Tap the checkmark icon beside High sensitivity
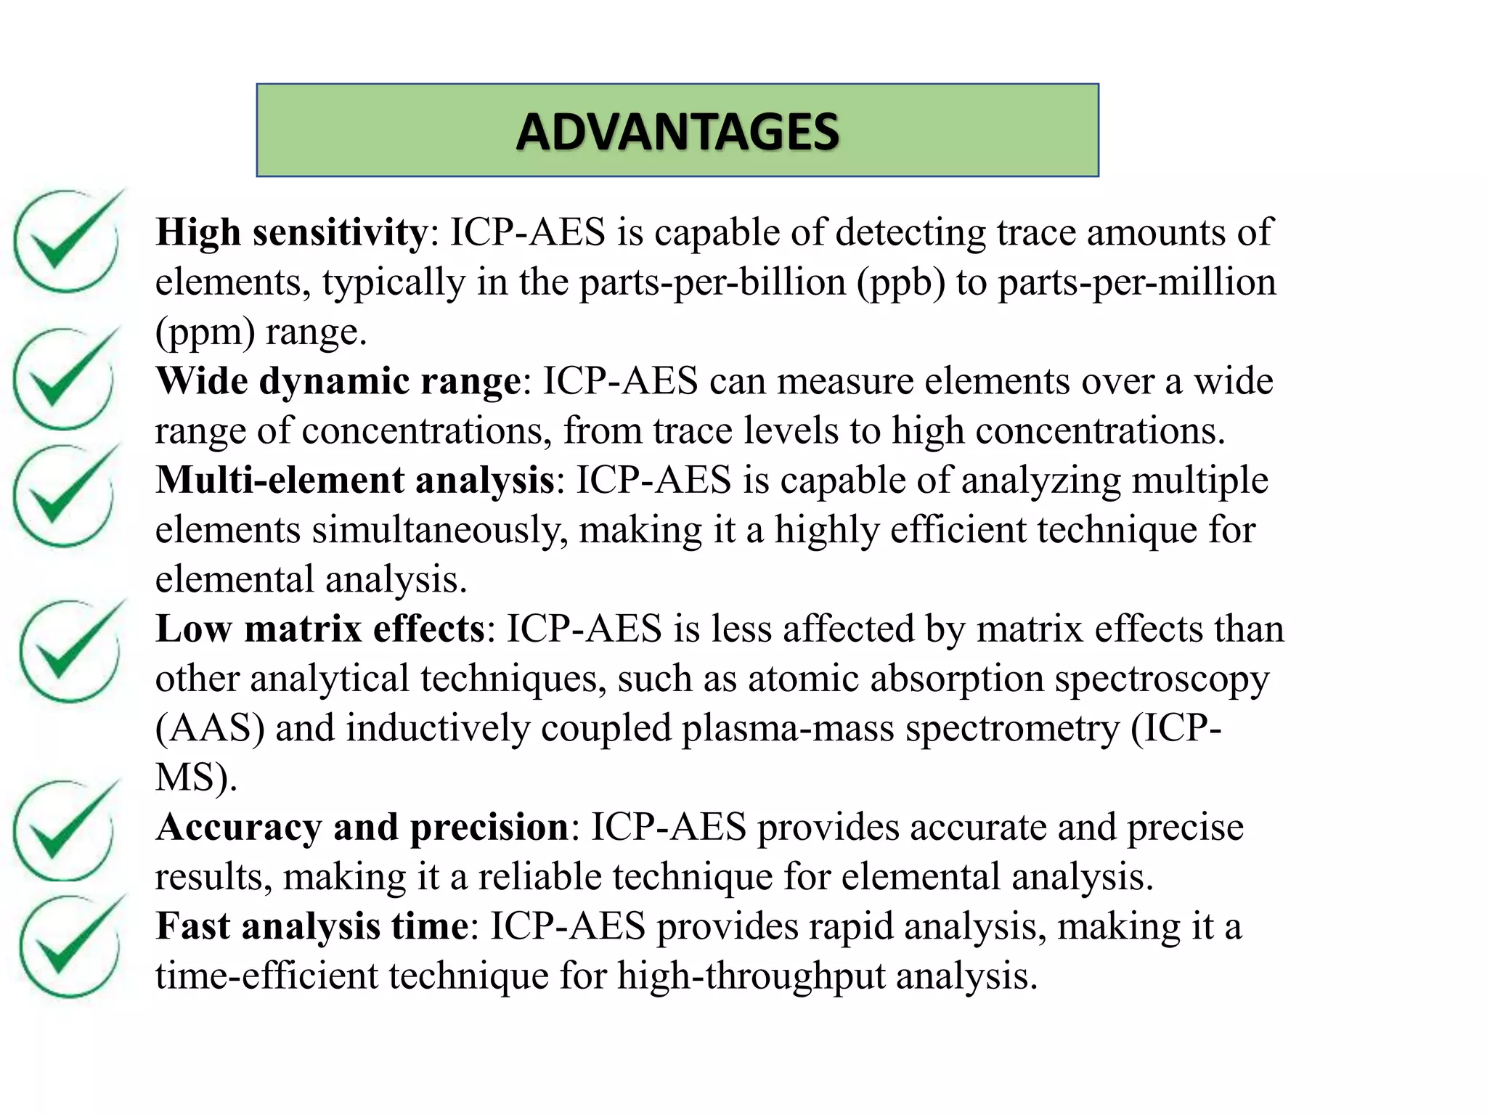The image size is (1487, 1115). tap(67, 240)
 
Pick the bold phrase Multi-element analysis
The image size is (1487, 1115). tap(355, 481)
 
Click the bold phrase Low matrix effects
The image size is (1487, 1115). tap(320, 629)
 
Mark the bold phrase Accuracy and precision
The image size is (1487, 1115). tap(362, 827)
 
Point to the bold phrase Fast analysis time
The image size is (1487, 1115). tap(312, 926)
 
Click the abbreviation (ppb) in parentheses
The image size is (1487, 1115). tap(901, 283)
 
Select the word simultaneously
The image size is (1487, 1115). tap(440, 530)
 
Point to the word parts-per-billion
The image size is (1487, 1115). tap(712, 283)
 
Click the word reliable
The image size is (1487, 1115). tap(541, 877)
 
